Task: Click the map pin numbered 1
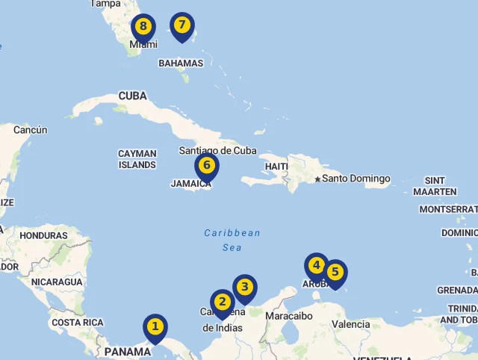click(x=155, y=327)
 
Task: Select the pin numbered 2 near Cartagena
click(x=222, y=302)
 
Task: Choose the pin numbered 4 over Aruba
click(x=317, y=266)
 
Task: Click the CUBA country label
click(x=132, y=96)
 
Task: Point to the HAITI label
click(x=276, y=166)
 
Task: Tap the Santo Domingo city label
click(x=356, y=179)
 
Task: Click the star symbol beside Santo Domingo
click(x=317, y=179)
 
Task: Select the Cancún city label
click(x=30, y=130)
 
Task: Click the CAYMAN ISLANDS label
click(x=137, y=159)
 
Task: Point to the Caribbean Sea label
click(x=232, y=239)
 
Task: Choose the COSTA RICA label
click(x=78, y=323)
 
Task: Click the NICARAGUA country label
click(x=57, y=282)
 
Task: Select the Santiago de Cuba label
click(x=217, y=150)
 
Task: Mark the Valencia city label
click(x=350, y=325)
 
